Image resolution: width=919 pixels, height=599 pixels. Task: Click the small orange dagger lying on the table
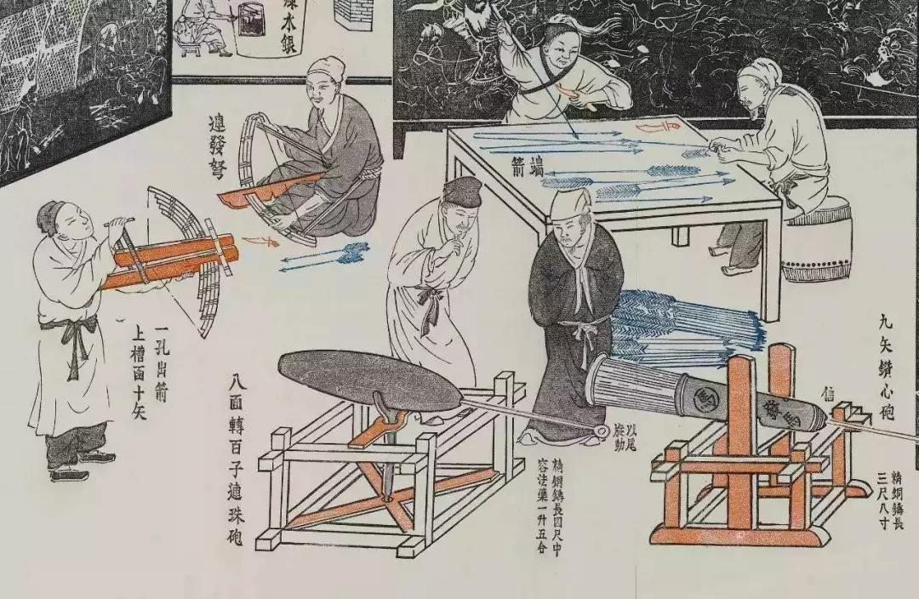pos(660,128)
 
